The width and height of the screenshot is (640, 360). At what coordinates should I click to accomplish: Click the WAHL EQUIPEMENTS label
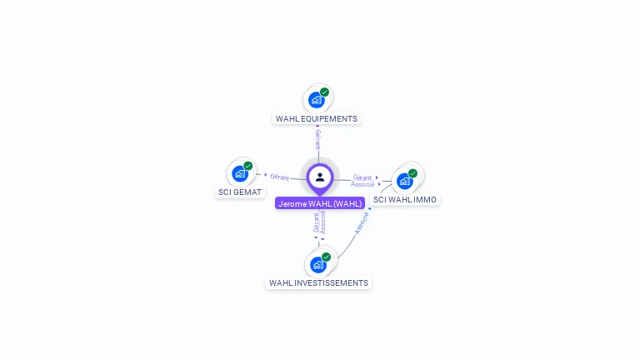317,118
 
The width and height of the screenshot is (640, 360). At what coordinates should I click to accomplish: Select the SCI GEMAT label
240,192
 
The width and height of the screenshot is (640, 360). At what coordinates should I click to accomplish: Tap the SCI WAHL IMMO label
405,200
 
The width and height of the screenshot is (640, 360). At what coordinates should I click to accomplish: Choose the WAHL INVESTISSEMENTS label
318,283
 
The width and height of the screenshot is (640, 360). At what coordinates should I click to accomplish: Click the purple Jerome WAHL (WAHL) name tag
320,203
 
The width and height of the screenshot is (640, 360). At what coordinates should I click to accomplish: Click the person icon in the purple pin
320,177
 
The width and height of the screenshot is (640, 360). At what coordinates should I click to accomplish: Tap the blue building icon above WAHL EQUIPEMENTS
316,101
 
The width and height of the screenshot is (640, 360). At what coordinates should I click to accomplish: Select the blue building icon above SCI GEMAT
239,174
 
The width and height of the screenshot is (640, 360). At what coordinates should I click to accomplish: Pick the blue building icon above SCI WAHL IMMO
404,181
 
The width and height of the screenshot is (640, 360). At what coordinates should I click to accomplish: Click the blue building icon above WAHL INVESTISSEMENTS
317,265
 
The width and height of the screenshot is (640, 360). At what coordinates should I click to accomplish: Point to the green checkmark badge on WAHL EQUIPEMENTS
324,92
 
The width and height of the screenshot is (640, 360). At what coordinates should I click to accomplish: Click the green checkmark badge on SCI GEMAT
247,166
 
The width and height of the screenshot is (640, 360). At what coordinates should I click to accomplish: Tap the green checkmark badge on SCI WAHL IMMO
412,173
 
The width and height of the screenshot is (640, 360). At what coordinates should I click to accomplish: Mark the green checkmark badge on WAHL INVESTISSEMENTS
326,257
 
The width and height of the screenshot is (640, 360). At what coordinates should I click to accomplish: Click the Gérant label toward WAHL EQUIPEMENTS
317,139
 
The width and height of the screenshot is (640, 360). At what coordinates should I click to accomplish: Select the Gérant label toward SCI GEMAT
279,177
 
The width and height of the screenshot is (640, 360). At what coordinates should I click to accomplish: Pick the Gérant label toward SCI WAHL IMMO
362,177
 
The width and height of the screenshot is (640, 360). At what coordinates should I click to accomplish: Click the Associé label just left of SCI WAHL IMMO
362,184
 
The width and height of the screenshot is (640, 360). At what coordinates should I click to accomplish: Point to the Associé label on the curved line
362,222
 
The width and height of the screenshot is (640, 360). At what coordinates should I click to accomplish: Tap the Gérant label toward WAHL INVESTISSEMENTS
316,222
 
